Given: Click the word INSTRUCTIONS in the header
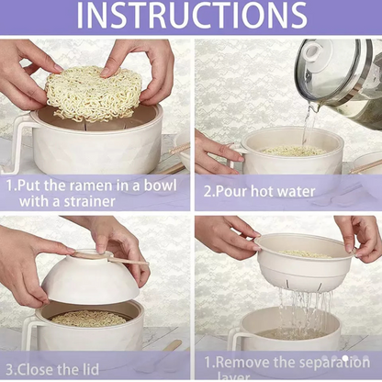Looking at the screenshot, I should (191, 17).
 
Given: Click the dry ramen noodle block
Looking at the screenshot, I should (93, 93).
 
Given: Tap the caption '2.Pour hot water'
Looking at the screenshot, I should (259, 192).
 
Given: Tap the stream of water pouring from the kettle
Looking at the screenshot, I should (308, 124).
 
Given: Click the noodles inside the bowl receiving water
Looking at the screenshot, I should (291, 151).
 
